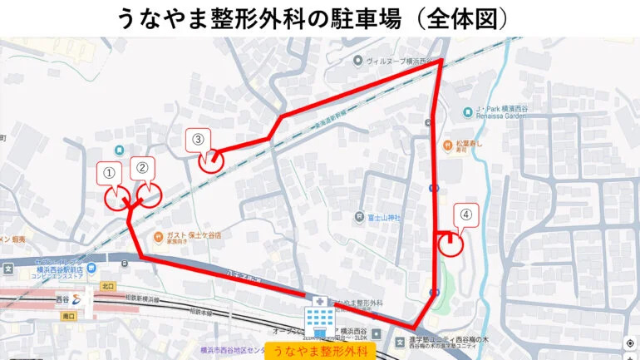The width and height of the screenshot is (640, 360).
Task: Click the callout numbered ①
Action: point(108,173)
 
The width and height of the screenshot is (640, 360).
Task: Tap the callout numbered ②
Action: point(142,167)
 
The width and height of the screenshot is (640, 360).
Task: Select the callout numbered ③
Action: point(198,139)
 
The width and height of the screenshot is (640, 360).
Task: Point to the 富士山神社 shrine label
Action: point(384,218)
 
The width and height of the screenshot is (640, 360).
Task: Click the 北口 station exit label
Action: point(107,287)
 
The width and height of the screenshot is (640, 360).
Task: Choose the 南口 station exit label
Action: point(68,317)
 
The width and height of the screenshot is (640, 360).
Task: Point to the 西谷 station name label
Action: point(63,298)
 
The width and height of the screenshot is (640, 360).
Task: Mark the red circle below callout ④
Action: point(450,244)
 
